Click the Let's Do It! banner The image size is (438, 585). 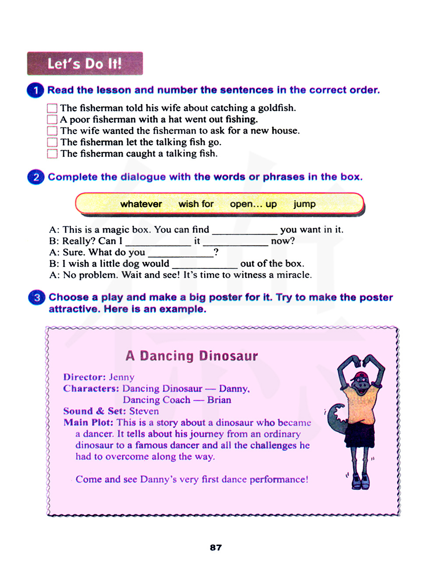coord(85,63)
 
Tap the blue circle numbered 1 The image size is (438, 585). coord(35,90)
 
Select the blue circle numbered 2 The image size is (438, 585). coord(36,177)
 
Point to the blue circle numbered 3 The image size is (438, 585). coord(37,297)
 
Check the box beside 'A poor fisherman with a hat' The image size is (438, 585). coord(52,120)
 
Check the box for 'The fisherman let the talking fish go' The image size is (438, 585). coord(52,142)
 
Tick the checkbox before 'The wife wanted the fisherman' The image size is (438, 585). coord(52,131)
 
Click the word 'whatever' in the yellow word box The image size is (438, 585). coord(141,204)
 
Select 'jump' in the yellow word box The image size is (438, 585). coord(304,204)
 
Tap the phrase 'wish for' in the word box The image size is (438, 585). coord(196,204)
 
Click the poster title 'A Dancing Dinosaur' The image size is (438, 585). coord(191,356)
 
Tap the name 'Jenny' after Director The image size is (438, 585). coord(121,377)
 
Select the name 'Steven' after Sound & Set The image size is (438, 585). coord(144,411)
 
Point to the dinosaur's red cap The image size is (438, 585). coord(360,376)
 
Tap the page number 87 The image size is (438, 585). coord(216,547)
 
